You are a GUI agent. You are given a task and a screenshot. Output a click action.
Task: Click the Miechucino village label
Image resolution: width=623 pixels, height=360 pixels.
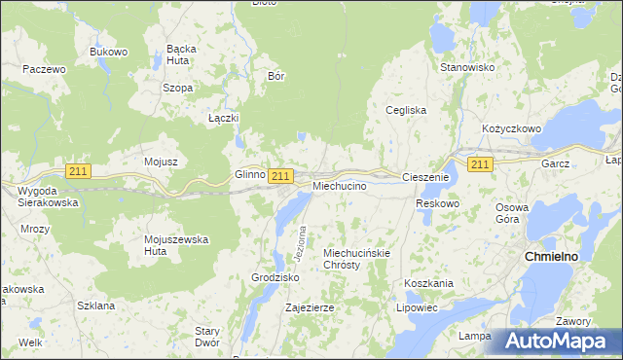(x=340, y=185)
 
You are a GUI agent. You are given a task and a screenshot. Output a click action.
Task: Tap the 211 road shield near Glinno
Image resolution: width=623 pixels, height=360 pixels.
(x=280, y=175)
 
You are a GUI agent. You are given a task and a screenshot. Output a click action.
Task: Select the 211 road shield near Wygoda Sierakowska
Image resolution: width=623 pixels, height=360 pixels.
(x=79, y=171)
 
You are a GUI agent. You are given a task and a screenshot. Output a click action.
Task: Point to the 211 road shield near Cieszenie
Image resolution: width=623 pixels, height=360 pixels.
(x=479, y=164)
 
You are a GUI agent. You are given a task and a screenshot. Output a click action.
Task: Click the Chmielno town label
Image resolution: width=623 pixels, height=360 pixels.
(x=552, y=256)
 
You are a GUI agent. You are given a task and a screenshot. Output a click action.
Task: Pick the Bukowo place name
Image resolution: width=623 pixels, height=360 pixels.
(x=108, y=52)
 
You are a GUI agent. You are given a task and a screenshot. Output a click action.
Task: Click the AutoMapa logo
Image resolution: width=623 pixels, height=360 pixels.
(x=559, y=342)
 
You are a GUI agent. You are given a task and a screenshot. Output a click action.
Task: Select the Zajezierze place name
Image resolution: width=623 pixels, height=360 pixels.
(x=310, y=307)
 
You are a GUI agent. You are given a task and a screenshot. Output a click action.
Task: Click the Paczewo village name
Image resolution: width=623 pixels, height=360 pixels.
(x=44, y=70)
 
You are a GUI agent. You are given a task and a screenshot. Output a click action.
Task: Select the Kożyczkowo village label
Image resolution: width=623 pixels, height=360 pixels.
(x=511, y=128)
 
